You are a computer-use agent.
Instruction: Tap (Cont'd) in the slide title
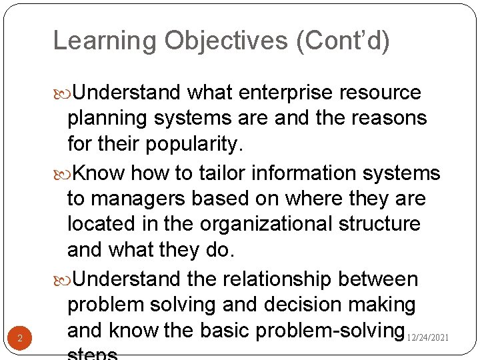pyautogui.click(x=343, y=41)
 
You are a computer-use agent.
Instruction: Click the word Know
pyautogui.click(x=98, y=173)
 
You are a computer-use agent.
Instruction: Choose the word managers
pyautogui.click(x=139, y=199)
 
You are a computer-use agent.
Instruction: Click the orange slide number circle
pyautogui.click(x=20, y=339)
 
